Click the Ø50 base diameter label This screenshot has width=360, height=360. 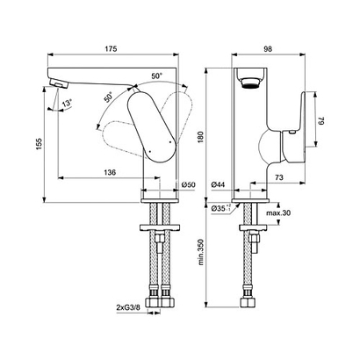(188, 185)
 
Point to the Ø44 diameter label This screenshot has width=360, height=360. (220, 185)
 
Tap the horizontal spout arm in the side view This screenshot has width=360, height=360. (97, 76)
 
